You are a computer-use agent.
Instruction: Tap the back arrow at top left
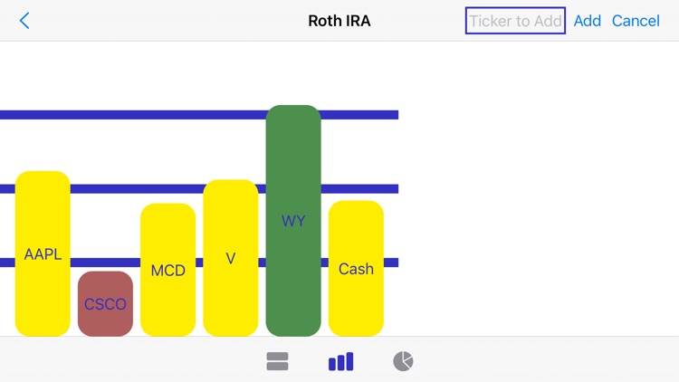[x=24, y=21]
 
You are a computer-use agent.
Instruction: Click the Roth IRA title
[x=339, y=21]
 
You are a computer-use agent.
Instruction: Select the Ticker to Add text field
[x=515, y=21]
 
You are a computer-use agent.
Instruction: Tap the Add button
[x=587, y=21]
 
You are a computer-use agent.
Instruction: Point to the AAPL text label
[x=43, y=254]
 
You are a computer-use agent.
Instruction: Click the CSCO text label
[x=105, y=304]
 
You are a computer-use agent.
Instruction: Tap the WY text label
[x=293, y=221]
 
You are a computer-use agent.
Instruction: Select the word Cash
[x=356, y=269]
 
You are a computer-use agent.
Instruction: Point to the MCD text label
[x=167, y=271]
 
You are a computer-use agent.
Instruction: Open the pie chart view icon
[x=403, y=361]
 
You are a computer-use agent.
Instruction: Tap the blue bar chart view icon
[x=340, y=361]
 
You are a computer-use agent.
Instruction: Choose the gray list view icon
[x=277, y=361]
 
